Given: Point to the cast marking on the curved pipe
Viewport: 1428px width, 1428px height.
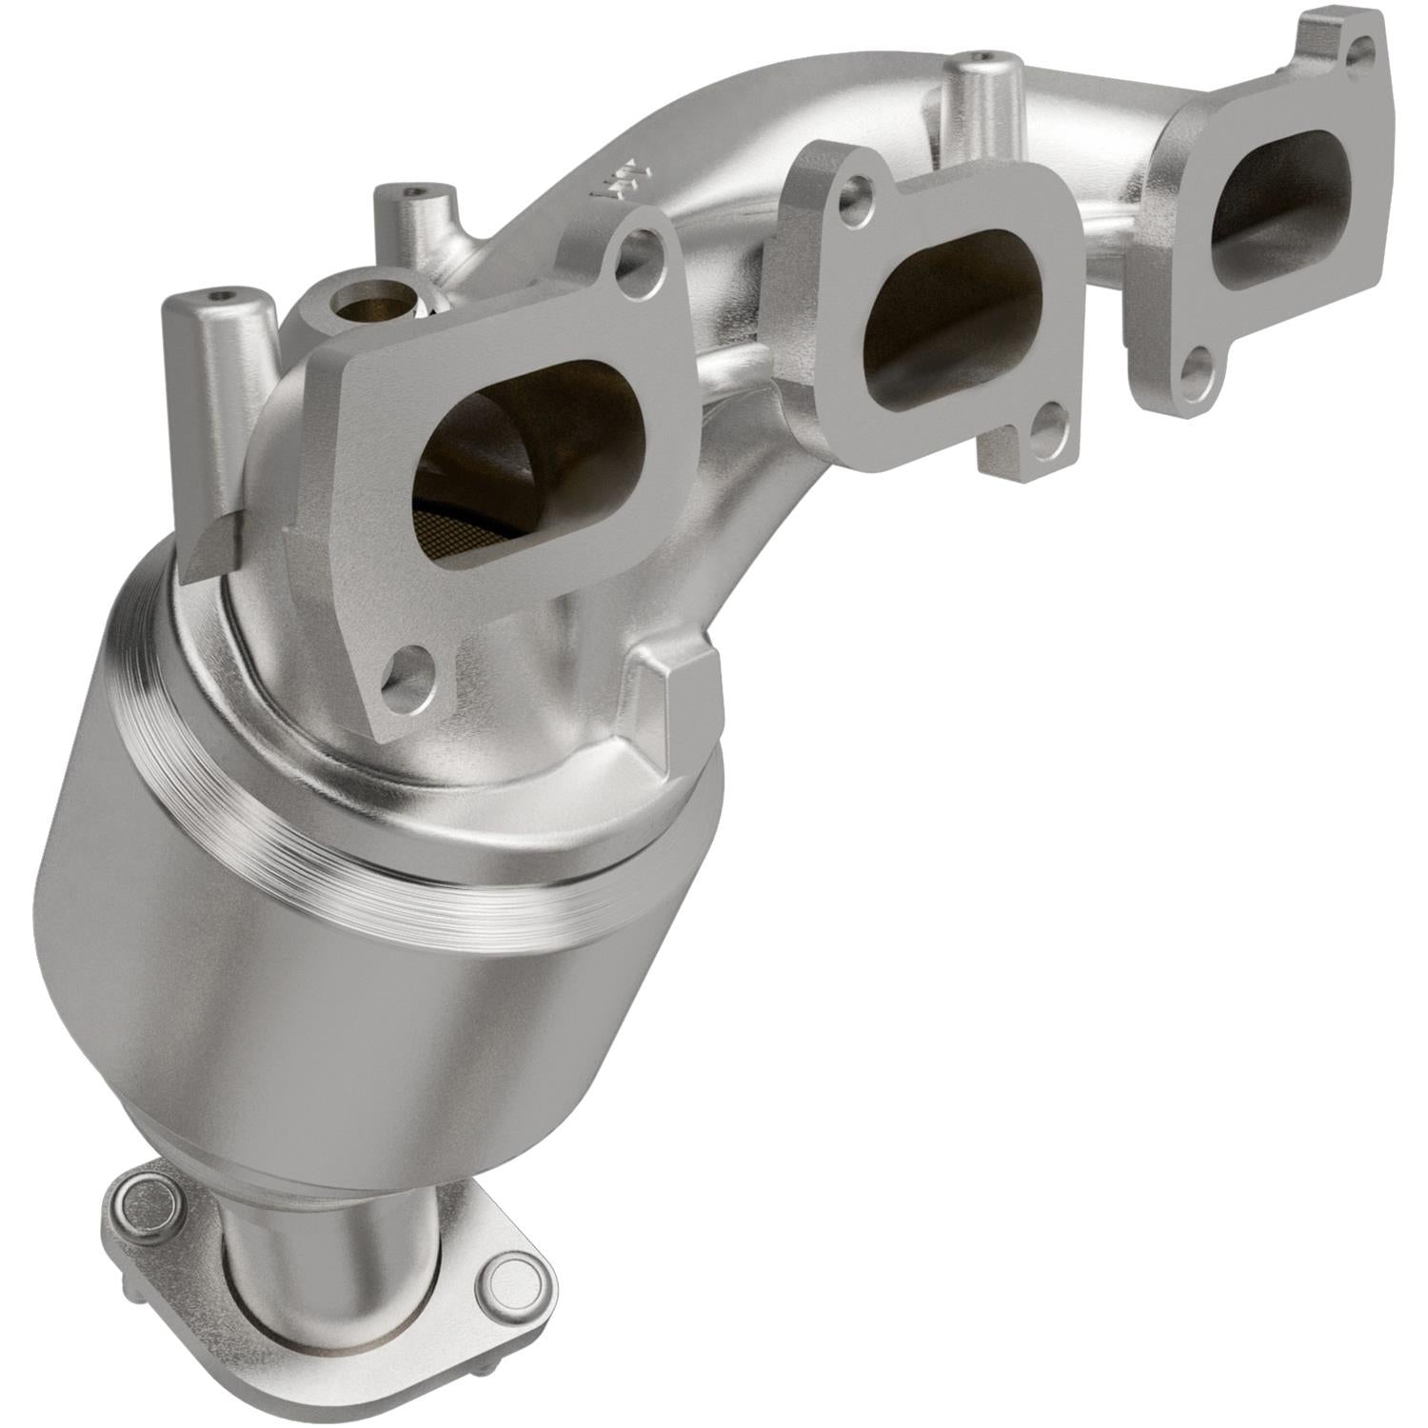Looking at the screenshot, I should pos(614,176).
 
